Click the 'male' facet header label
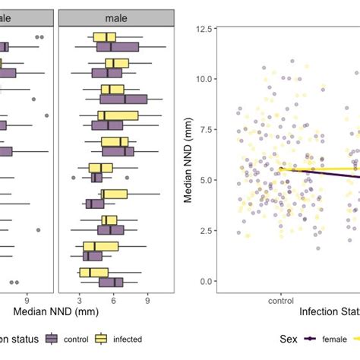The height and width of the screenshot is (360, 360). (116, 17)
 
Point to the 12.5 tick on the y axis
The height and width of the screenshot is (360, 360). (203, 28)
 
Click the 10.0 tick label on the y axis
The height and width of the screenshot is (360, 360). (203, 78)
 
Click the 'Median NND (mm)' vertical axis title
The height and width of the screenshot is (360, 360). (187, 155)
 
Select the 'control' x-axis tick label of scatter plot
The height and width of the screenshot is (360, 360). (280, 299)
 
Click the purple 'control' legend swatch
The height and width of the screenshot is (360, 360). (52, 339)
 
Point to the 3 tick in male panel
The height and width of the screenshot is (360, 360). (80, 299)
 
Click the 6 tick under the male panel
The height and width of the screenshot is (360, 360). (113, 299)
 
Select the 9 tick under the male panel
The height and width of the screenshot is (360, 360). (147, 299)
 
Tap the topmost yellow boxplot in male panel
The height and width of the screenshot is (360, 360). (104, 37)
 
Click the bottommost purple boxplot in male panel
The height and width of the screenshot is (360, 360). (111, 283)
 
